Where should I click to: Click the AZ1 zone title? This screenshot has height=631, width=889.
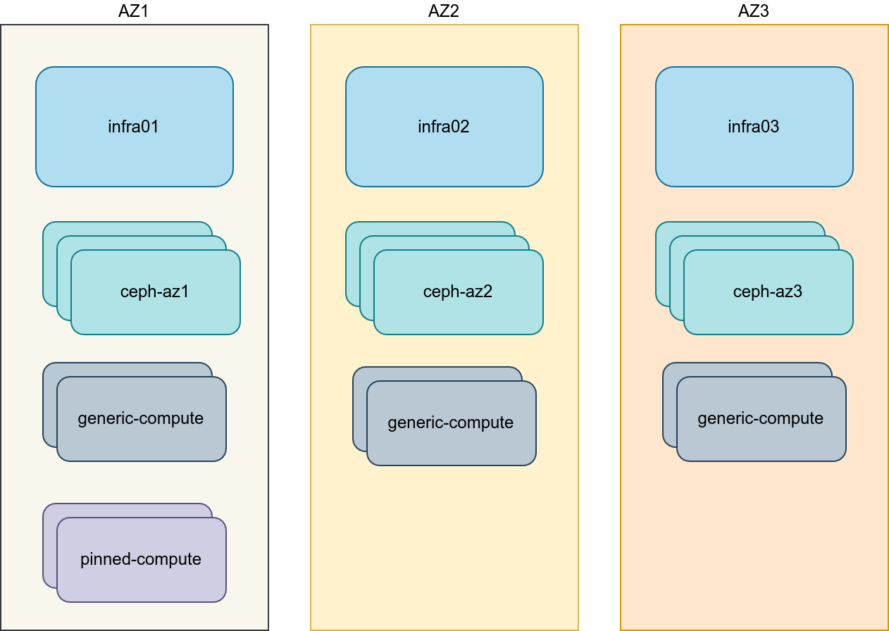(x=134, y=11)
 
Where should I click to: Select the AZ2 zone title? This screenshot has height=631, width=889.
(x=444, y=11)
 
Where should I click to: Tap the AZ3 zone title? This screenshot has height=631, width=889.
(x=754, y=11)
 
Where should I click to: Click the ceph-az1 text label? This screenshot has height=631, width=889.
(x=155, y=292)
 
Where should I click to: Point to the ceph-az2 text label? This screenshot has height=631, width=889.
(x=458, y=292)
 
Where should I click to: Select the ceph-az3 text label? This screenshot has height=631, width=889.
(x=768, y=292)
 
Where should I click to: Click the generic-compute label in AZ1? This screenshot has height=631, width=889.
(x=141, y=418)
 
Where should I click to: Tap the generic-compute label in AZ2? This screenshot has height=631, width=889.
(x=451, y=423)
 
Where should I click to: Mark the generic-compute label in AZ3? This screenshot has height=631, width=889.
(x=761, y=418)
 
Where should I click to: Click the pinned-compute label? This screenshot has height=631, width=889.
(x=141, y=559)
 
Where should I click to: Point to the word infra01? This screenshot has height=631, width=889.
(x=134, y=127)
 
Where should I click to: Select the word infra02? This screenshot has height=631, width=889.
(x=444, y=127)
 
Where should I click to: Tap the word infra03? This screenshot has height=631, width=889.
(x=754, y=127)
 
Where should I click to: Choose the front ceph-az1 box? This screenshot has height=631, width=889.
(x=155, y=317)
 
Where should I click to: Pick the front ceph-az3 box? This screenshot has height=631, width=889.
(x=768, y=317)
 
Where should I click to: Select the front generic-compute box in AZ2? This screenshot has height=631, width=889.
(x=451, y=448)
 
